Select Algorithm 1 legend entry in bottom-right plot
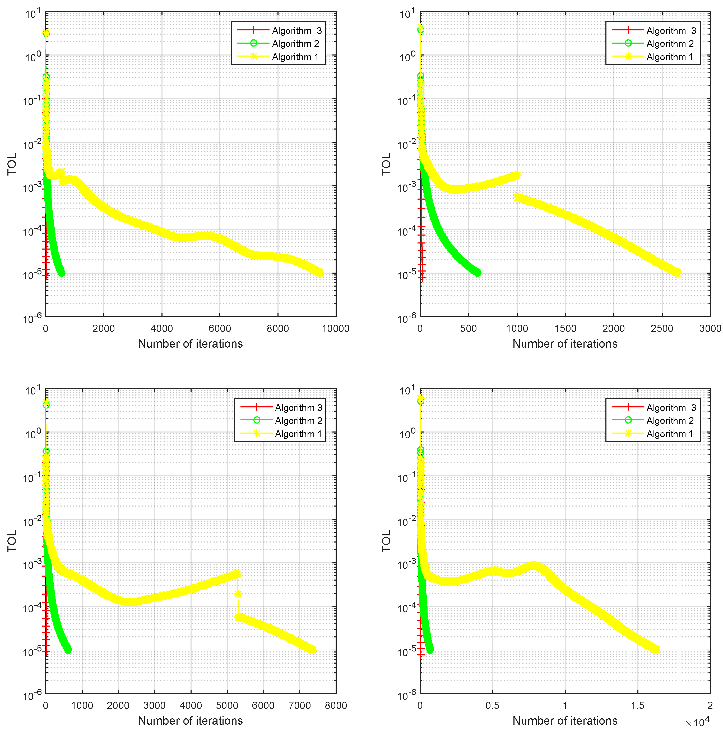(x=669, y=434)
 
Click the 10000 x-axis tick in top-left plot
(x=336, y=328)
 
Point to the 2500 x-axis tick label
(x=662, y=328)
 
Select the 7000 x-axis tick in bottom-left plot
(x=300, y=705)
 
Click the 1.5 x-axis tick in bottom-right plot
(x=638, y=705)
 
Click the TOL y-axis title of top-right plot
(x=386, y=164)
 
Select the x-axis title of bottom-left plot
(x=190, y=720)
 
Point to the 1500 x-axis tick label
(x=566, y=328)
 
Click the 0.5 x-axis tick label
(x=493, y=705)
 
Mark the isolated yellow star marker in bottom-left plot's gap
(x=238, y=594)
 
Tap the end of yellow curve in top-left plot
(x=320, y=273)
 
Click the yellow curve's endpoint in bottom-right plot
(x=656, y=650)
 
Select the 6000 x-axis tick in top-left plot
(x=220, y=328)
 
